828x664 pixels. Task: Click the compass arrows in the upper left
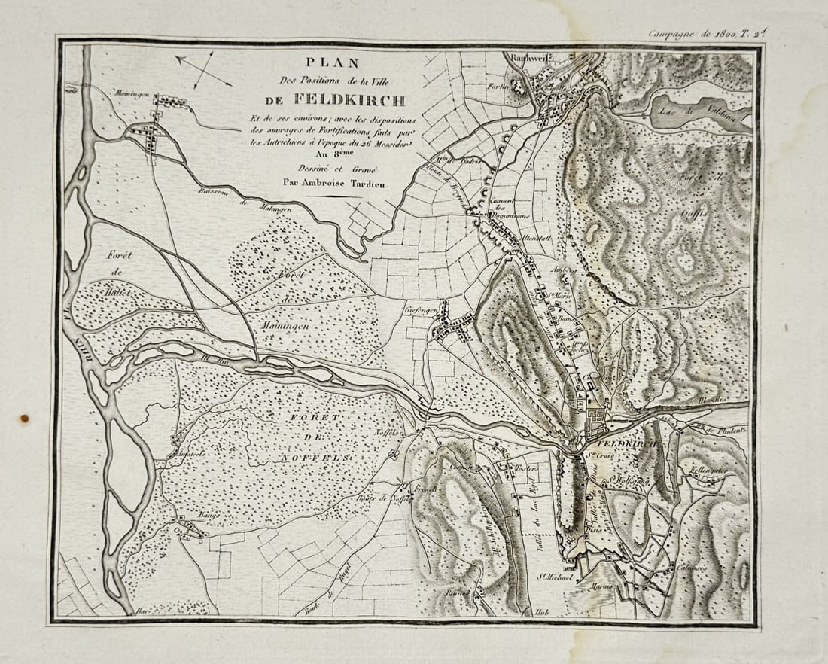[x=202, y=69]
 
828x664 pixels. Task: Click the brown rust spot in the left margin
[x=24, y=418]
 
